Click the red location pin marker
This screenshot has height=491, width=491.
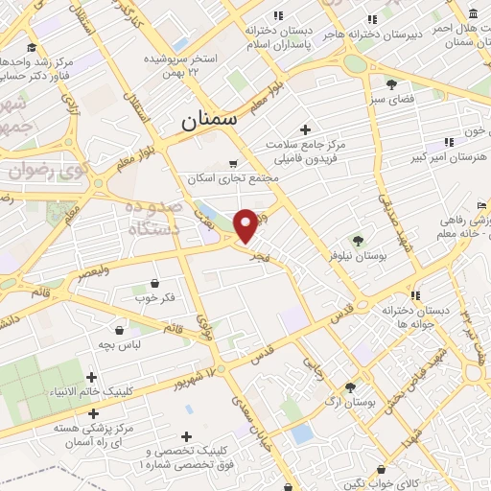246,224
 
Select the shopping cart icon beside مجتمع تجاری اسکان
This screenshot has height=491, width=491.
232,163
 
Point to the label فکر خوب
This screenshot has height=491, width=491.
155,298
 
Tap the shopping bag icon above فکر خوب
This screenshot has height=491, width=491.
155,283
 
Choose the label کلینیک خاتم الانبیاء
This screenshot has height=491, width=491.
92,392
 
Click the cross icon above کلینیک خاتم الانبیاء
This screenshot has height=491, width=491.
92,377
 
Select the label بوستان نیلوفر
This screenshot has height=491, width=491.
358,256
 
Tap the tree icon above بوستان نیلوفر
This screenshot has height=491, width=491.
359,240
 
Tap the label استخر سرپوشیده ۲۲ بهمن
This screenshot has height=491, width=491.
182,66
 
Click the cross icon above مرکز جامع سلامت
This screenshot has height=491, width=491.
306,129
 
